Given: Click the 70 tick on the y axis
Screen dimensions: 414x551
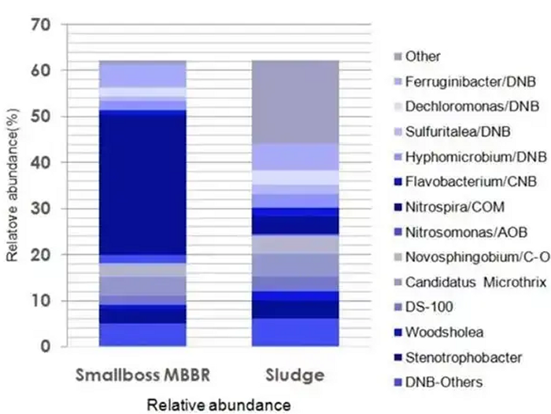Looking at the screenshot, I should click(39, 25).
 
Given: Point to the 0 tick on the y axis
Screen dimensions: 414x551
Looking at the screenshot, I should click(46, 346).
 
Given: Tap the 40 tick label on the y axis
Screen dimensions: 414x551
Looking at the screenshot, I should click(39, 163).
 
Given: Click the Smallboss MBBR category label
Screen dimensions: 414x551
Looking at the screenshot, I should click(142, 374).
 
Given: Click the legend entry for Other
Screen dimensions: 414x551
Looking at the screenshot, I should click(423, 57).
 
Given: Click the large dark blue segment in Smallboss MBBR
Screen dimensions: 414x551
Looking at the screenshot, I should click(142, 185).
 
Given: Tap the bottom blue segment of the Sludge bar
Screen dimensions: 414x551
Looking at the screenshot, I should click(294, 332).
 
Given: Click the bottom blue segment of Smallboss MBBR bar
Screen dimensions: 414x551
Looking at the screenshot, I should click(142, 335).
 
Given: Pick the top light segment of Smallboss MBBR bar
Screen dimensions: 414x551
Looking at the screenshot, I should click(142, 75).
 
